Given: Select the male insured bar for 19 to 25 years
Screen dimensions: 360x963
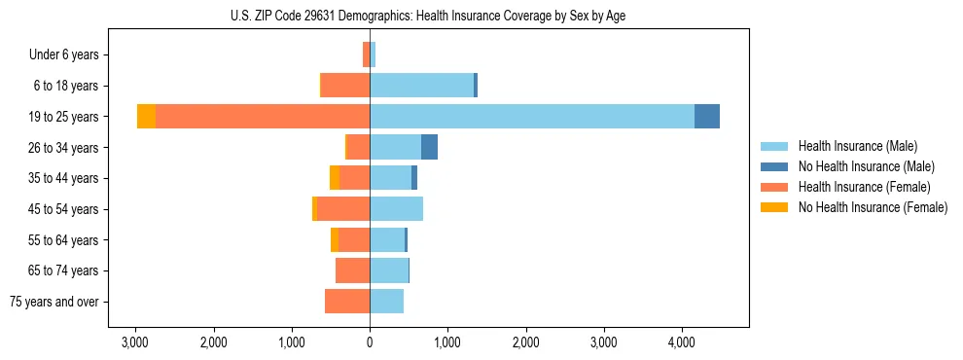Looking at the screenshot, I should [x=532, y=117].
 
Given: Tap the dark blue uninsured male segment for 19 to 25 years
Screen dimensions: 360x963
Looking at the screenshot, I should [x=707, y=117].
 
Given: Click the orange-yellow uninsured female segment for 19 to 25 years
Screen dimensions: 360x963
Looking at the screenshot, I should [x=146, y=117].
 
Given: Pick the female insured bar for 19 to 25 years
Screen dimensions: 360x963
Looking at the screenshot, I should [x=263, y=117].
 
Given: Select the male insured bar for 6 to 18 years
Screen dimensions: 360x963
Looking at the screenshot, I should [x=421, y=86].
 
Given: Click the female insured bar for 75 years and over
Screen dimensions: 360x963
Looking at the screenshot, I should [x=347, y=302].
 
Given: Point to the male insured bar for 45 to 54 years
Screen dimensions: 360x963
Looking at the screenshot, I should [x=396, y=209].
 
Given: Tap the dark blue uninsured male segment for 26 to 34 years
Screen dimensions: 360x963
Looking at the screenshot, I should [x=429, y=147].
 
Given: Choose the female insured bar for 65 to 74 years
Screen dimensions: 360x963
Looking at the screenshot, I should [x=352, y=270].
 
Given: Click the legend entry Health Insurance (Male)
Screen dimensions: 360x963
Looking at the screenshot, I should [x=857, y=146].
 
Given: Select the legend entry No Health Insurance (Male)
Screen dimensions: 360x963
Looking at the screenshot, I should [x=866, y=166].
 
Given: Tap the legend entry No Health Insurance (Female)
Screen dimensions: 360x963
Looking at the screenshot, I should [x=873, y=207].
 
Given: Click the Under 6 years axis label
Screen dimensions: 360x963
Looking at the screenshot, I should [x=69, y=55].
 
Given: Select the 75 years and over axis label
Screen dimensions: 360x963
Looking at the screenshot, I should [x=54, y=302].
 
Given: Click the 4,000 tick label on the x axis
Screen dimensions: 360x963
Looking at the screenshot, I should [x=682, y=342].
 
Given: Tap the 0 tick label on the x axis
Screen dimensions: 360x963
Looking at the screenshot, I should [x=370, y=342].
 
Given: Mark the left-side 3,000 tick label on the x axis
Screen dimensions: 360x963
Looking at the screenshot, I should [x=134, y=342].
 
